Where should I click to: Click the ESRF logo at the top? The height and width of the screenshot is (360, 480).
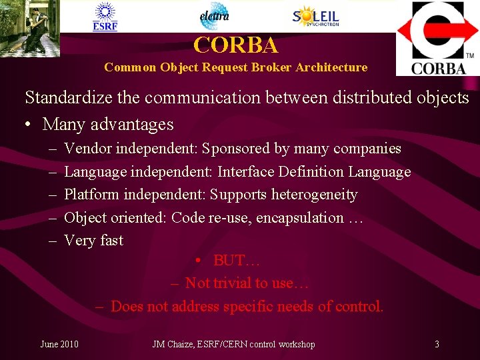tap(105, 16)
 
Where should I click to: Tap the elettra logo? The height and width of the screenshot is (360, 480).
tap(214, 16)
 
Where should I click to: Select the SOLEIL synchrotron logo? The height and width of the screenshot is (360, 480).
tap(315, 16)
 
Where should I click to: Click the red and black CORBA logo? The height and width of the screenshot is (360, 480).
tap(438, 38)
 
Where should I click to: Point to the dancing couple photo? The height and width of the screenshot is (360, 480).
tap(30, 28)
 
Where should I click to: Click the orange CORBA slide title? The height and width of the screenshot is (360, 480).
tap(235, 45)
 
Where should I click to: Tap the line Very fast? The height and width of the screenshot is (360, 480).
tap(93, 241)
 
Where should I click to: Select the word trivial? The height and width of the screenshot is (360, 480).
tap(234, 283)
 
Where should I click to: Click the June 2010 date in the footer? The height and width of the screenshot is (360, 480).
tap(59, 344)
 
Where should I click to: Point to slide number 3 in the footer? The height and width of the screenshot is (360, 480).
tap(437, 344)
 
